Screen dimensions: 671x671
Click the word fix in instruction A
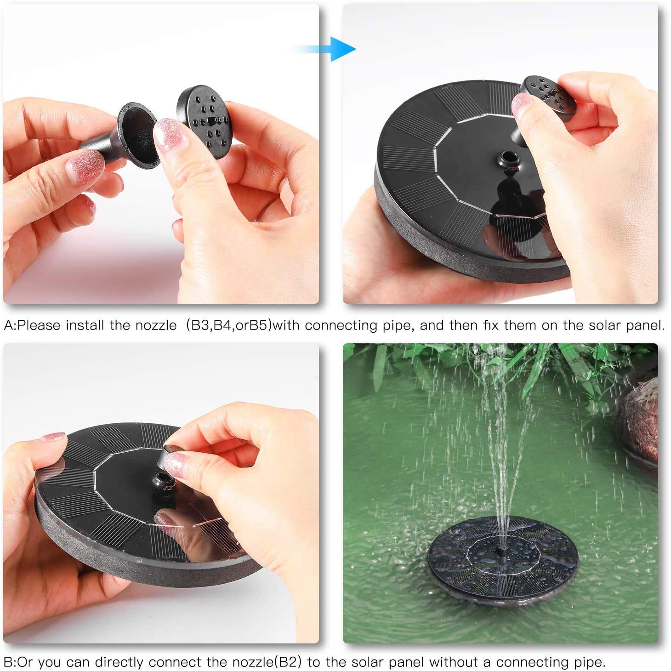491,325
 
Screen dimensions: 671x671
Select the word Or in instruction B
25,662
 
